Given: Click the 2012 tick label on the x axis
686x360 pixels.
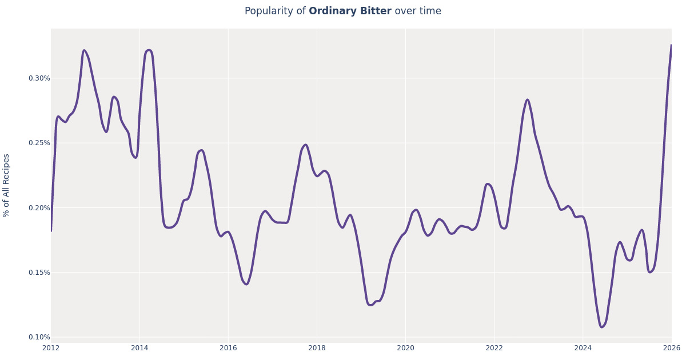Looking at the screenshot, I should click(51, 348).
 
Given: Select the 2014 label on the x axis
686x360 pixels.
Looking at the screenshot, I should click(139, 348).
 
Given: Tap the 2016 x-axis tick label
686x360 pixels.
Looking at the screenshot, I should click(228, 348).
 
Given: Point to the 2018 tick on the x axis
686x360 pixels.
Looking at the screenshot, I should click(317, 348).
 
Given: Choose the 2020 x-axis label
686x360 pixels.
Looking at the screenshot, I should click(405, 348).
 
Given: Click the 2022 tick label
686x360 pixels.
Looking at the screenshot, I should click(494, 348).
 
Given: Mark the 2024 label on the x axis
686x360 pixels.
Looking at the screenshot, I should click(583, 348).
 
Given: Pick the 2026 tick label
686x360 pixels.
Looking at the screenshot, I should click(671, 348).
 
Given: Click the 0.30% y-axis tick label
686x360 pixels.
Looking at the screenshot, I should click(39, 78).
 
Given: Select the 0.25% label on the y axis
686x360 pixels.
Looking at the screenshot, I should click(39, 143).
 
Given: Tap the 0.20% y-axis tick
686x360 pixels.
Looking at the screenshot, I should click(39, 207).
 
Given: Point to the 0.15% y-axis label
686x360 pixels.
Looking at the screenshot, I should click(39, 273).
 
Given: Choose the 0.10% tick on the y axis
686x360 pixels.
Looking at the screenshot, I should click(39, 337).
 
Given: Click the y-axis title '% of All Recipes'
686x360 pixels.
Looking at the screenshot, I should click(7, 185).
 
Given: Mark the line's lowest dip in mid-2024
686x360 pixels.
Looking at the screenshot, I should click(601, 327).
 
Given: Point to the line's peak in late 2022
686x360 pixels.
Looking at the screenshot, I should click(527, 100).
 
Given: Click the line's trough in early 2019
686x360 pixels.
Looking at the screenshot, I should click(370, 305).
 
